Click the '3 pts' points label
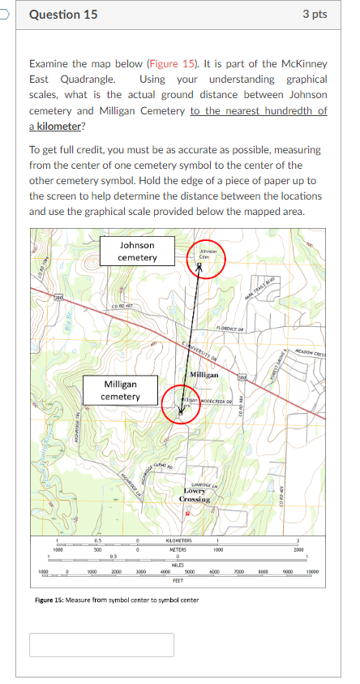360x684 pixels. coord(315,15)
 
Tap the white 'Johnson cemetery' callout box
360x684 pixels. coord(137,251)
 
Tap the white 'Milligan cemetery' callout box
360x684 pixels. coord(120,390)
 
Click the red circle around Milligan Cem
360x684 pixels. coord(182,403)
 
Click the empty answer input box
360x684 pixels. coord(102,645)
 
